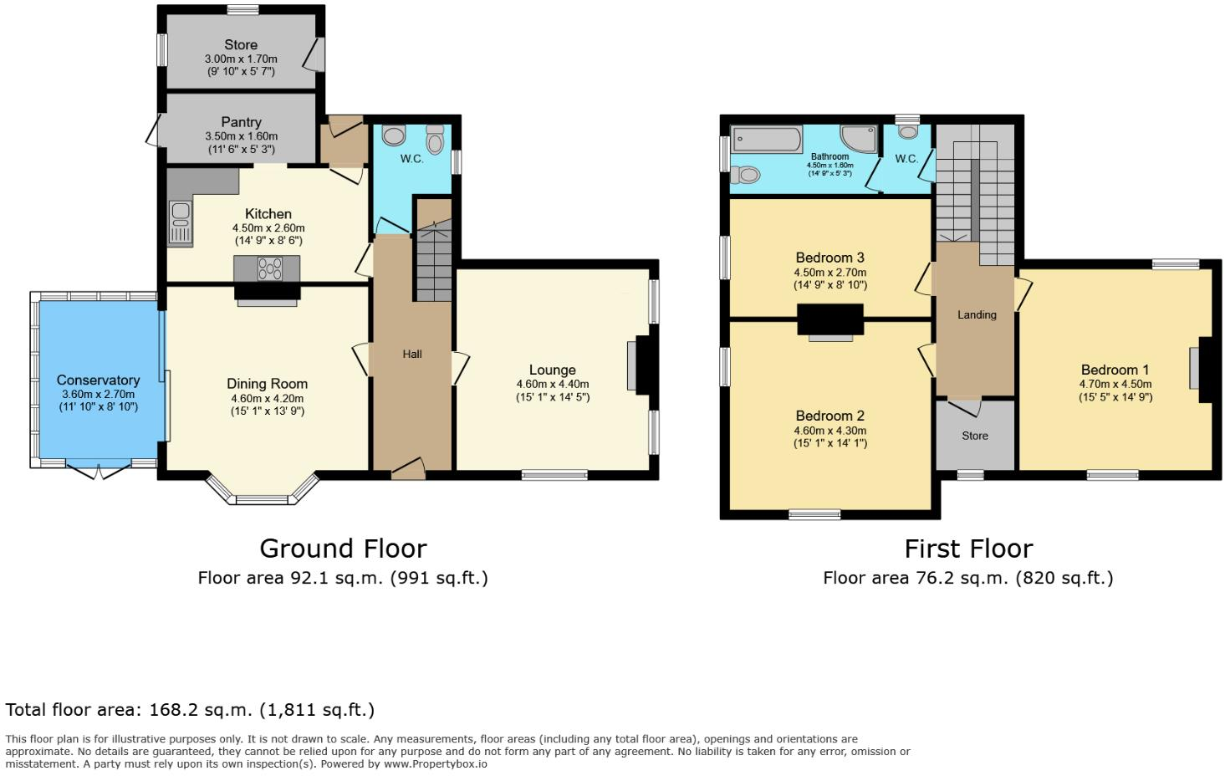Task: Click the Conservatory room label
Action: [98, 380]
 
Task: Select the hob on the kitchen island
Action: [269, 268]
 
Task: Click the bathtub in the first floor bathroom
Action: [766, 139]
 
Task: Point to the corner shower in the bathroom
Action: [859, 138]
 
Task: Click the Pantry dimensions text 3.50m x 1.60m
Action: [241, 136]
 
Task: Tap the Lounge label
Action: [552, 370]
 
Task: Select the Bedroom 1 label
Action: [1115, 370]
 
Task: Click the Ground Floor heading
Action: [343, 549]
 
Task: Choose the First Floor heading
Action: [968, 549]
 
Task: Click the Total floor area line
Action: [190, 710]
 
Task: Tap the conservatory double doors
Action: [99, 472]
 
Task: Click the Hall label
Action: [412, 354]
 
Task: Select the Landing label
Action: [977, 314]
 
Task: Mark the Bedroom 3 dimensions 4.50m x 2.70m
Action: [829, 272]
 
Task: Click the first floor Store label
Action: [975, 436]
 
